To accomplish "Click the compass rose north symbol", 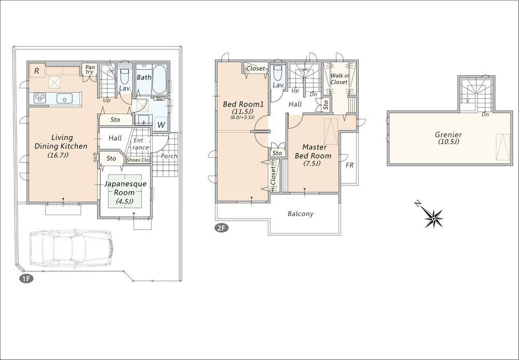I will [x=433, y=217].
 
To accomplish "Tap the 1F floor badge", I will [x=26, y=279].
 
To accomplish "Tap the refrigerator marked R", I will [x=36, y=71].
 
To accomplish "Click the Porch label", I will [x=169, y=156].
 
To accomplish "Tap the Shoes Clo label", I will [x=138, y=159].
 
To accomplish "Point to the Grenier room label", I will [x=448, y=138].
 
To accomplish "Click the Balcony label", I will [x=301, y=214].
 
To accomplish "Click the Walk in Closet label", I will [x=338, y=78].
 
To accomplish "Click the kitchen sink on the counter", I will [x=65, y=99].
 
